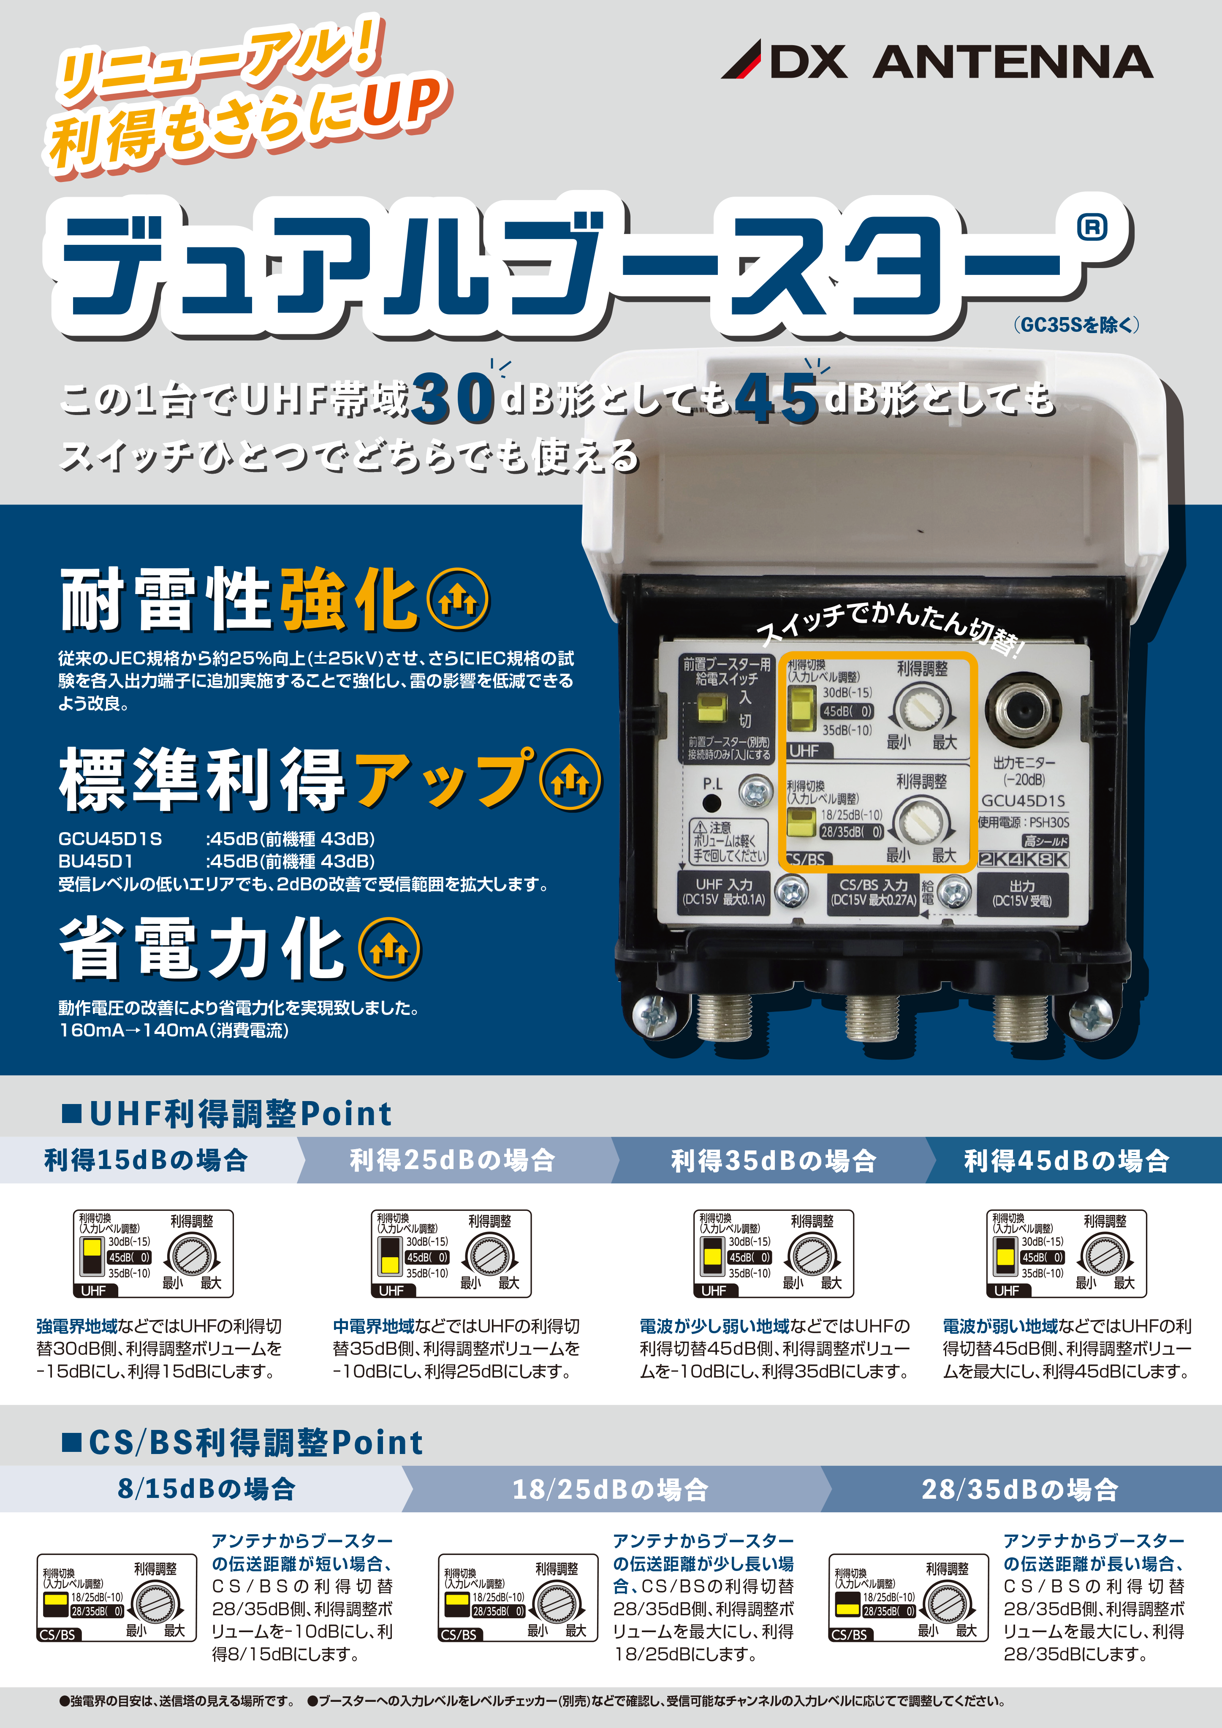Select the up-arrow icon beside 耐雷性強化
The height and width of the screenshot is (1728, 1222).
(x=458, y=600)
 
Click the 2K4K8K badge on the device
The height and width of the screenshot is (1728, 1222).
(x=1023, y=860)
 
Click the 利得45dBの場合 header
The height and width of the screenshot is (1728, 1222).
(x=1067, y=1160)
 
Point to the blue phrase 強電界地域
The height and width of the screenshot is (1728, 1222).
(x=77, y=1326)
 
